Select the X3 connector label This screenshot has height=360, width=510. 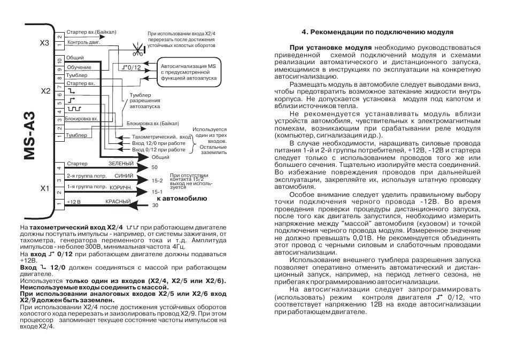point(45,42)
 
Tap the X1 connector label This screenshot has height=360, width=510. point(45,188)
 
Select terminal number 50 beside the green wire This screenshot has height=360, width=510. point(155,167)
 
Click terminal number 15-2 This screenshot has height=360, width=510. point(157,180)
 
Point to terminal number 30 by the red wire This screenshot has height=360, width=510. point(156,205)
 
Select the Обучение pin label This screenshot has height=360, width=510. point(78,67)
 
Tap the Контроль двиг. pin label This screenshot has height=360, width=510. point(82,42)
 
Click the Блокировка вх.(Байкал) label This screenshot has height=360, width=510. point(152,124)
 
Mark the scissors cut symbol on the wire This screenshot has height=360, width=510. point(138,52)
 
